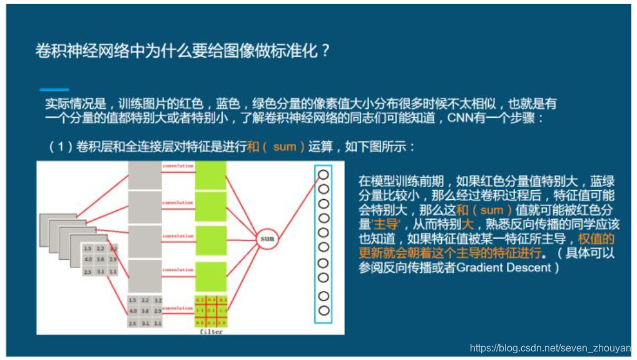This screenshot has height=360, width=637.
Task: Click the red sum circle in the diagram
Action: tap(267, 239)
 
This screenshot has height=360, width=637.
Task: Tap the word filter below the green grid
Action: tap(210, 331)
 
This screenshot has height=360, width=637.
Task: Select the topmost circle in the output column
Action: tap(324, 175)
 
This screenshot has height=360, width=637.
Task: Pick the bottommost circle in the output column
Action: tap(324, 310)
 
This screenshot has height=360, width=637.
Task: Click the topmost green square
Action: tap(210, 175)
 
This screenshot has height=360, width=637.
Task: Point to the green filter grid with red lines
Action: tap(210, 311)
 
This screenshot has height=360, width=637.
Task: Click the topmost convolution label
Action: tap(178, 166)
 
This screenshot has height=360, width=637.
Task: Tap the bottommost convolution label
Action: tap(178, 308)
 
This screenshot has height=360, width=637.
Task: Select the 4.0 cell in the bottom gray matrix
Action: tap(133, 311)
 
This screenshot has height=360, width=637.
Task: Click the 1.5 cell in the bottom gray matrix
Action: tap(133, 300)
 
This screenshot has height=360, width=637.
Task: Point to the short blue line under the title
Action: tap(54, 90)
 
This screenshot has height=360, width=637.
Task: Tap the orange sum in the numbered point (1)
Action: tap(284, 147)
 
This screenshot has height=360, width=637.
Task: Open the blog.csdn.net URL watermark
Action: tap(549, 348)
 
